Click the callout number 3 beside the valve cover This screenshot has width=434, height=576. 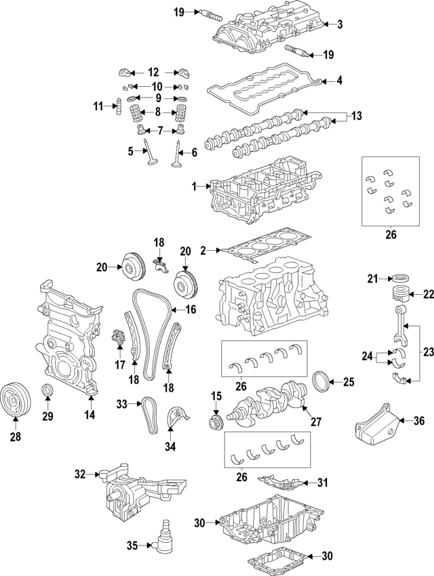coord(340,25)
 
